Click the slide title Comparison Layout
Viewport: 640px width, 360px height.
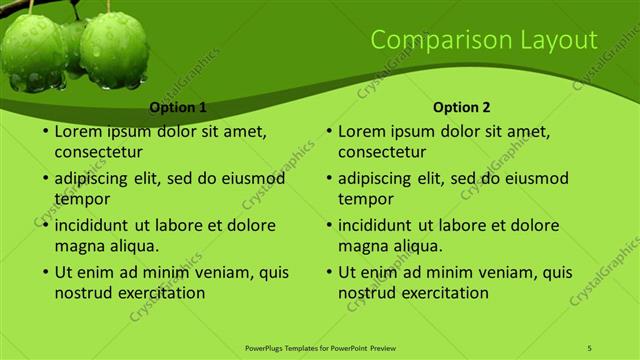click(x=484, y=40)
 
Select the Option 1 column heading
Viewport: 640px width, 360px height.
click(x=178, y=107)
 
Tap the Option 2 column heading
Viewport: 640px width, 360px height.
click(x=462, y=107)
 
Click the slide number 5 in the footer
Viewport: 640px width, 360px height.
click(x=589, y=347)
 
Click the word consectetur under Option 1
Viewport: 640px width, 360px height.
click(x=98, y=153)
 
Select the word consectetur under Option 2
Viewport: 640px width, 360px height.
click(x=382, y=153)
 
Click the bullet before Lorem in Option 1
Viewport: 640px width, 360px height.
click(x=45, y=132)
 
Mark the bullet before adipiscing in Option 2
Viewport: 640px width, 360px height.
click(x=329, y=179)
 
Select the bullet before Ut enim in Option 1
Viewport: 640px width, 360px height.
click(x=45, y=272)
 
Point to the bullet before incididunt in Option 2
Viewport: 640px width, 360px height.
click(x=329, y=226)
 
